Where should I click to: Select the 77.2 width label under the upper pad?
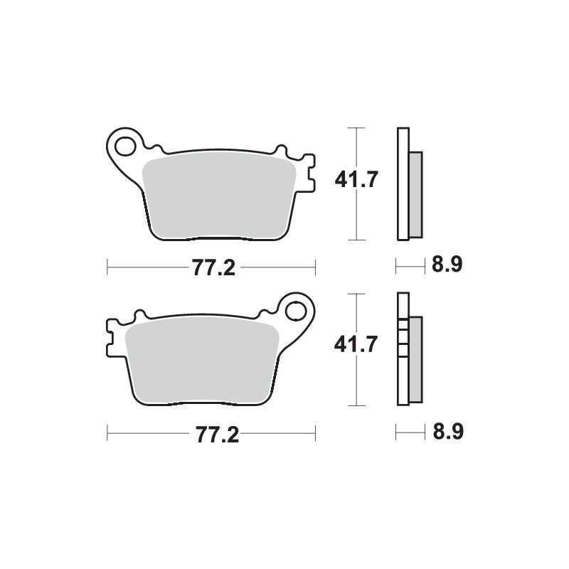point(211,268)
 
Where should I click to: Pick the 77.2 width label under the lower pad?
point(211,433)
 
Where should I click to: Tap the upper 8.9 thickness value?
point(447,266)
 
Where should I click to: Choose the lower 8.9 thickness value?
point(447,432)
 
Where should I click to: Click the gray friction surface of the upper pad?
point(217,196)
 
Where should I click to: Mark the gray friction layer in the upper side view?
point(415,194)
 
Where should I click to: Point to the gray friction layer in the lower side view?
point(415,359)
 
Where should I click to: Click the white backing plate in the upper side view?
point(403,184)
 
